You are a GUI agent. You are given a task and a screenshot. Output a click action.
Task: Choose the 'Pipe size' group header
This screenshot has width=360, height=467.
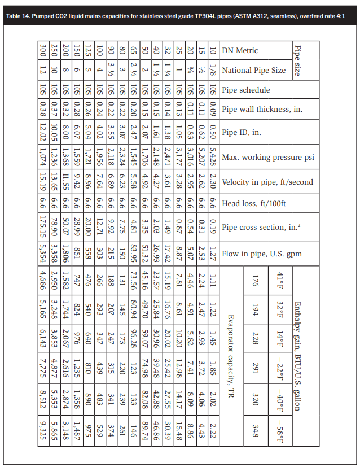click(x=297, y=60)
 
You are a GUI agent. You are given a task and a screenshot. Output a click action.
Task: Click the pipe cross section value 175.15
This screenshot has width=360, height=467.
click(x=43, y=228)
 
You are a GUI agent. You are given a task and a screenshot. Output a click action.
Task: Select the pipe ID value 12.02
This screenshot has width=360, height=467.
click(x=43, y=133)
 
